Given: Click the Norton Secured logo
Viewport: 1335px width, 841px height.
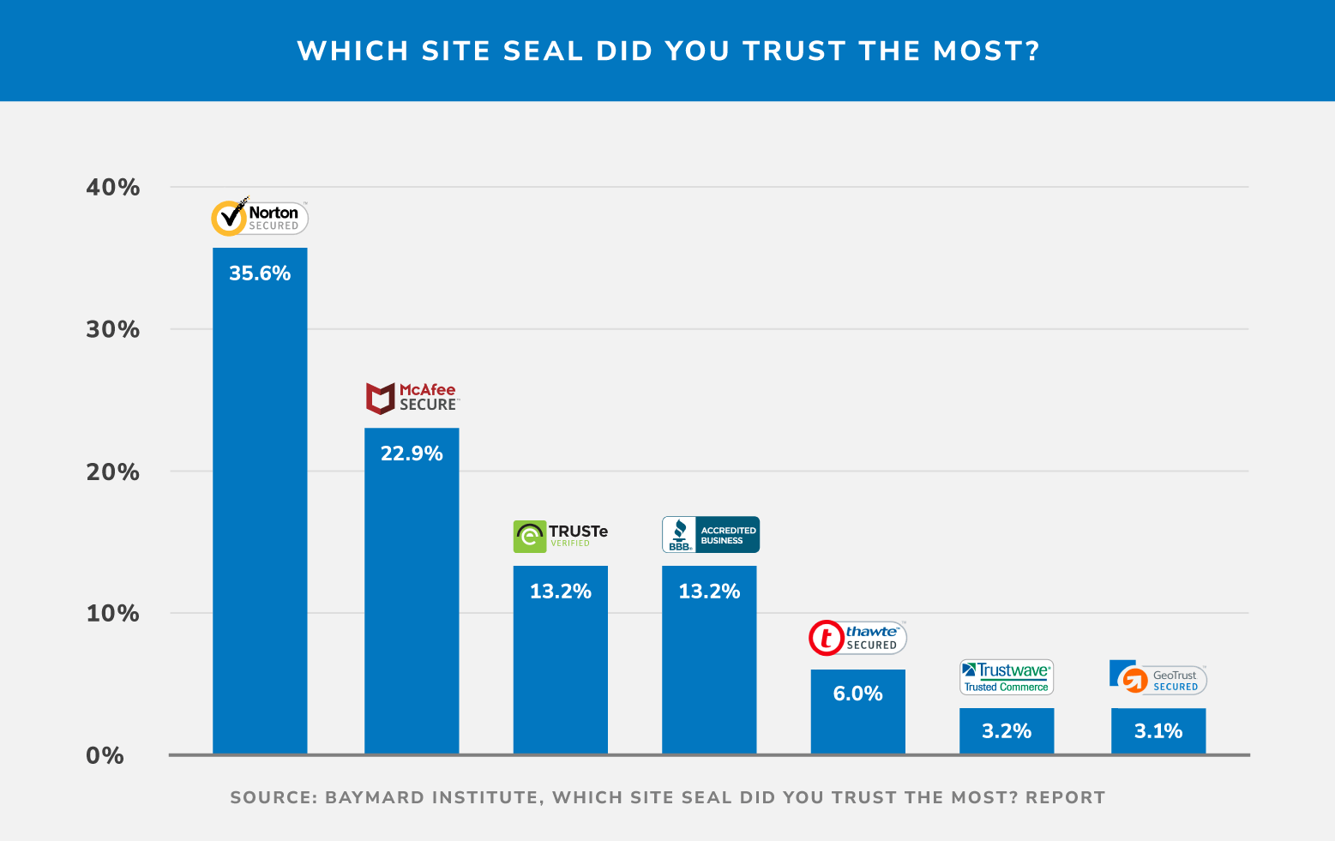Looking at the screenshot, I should (260, 218).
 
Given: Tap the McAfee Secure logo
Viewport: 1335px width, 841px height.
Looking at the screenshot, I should (412, 398).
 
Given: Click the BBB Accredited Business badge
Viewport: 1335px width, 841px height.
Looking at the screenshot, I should (710, 535).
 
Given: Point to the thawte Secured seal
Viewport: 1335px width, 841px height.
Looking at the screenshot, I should (857, 638).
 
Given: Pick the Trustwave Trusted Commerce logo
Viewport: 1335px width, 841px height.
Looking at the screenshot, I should (1006, 677).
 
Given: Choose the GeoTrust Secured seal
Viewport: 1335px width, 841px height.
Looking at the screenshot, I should (1158, 679).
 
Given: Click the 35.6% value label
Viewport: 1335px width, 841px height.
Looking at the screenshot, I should (260, 273).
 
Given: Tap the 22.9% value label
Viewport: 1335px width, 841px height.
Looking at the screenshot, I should (412, 454).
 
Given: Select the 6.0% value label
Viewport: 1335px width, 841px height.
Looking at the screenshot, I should (857, 694).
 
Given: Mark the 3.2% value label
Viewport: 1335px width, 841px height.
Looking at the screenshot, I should (1006, 731).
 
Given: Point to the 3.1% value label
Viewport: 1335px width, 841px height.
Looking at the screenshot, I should (1158, 731).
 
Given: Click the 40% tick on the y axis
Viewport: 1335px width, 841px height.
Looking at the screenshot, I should (112, 187).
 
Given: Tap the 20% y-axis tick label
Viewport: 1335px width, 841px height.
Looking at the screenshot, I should (112, 472).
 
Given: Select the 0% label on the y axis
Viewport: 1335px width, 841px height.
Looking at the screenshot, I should (105, 756).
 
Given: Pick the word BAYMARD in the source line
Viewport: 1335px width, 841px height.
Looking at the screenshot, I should (375, 797).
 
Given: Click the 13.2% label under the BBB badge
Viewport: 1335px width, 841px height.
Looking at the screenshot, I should (709, 592).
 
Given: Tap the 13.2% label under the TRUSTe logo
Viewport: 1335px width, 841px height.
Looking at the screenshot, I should (561, 592).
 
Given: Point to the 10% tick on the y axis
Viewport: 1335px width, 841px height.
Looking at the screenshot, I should (112, 614).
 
